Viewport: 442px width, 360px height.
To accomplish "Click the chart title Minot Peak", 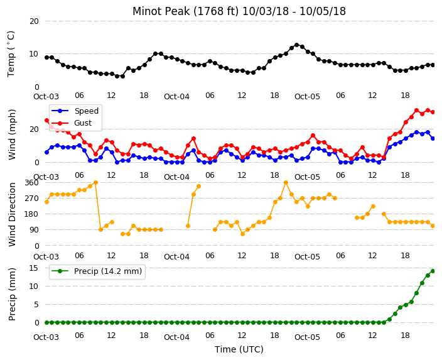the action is point(161,11).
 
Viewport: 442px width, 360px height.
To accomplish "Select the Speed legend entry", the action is point(75,111).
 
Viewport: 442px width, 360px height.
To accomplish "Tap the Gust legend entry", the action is point(72,123).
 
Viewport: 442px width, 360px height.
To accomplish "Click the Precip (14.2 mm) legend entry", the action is point(97,271).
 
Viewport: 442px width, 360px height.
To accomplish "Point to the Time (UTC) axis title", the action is point(239,349).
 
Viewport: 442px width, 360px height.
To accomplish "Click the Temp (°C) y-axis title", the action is point(11,54).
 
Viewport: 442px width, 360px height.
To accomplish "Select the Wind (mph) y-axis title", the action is point(12,134).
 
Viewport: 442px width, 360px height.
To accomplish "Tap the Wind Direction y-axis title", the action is point(12,214).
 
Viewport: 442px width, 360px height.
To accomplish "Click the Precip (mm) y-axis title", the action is point(12,294).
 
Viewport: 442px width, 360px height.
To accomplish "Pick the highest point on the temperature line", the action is point(296,45).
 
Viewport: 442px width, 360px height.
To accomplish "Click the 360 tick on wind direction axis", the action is point(31,183).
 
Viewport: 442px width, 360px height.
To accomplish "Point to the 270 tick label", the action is point(31,199).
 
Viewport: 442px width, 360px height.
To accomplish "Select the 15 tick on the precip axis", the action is point(34,268).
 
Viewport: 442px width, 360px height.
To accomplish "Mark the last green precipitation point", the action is point(433,271).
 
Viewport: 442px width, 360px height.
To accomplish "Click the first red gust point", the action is point(47,121).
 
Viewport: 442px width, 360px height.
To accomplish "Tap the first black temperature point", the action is point(47,57).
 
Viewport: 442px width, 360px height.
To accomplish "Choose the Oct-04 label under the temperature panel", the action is point(177,97).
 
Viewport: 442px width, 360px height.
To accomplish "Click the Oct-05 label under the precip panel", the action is point(307,337).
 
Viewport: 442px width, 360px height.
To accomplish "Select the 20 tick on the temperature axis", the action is point(34,21).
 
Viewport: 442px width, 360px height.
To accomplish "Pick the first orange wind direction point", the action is point(47,202).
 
